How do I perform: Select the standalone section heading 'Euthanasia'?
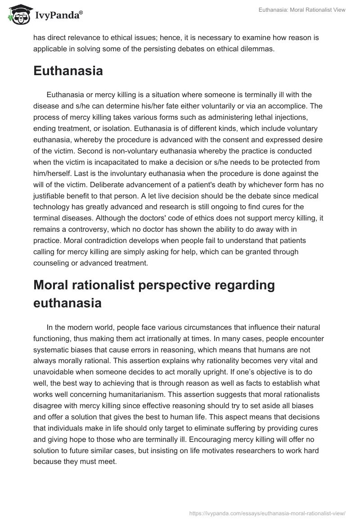68,71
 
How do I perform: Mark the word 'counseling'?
52,262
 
